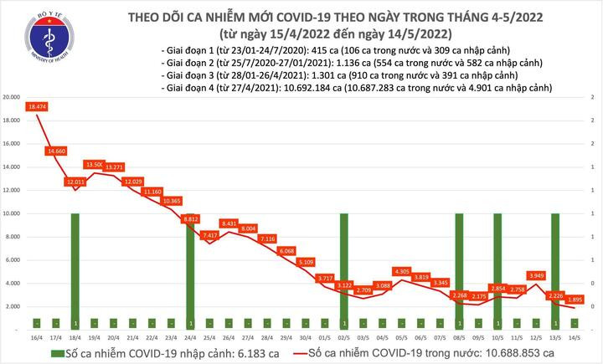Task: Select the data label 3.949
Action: click(536, 275)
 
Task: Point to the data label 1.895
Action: click(575, 300)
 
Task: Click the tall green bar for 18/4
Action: click(75, 268)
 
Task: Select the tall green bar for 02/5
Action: click(343, 268)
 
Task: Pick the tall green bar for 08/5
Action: click(459, 268)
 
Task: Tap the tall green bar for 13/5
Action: click(554, 268)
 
